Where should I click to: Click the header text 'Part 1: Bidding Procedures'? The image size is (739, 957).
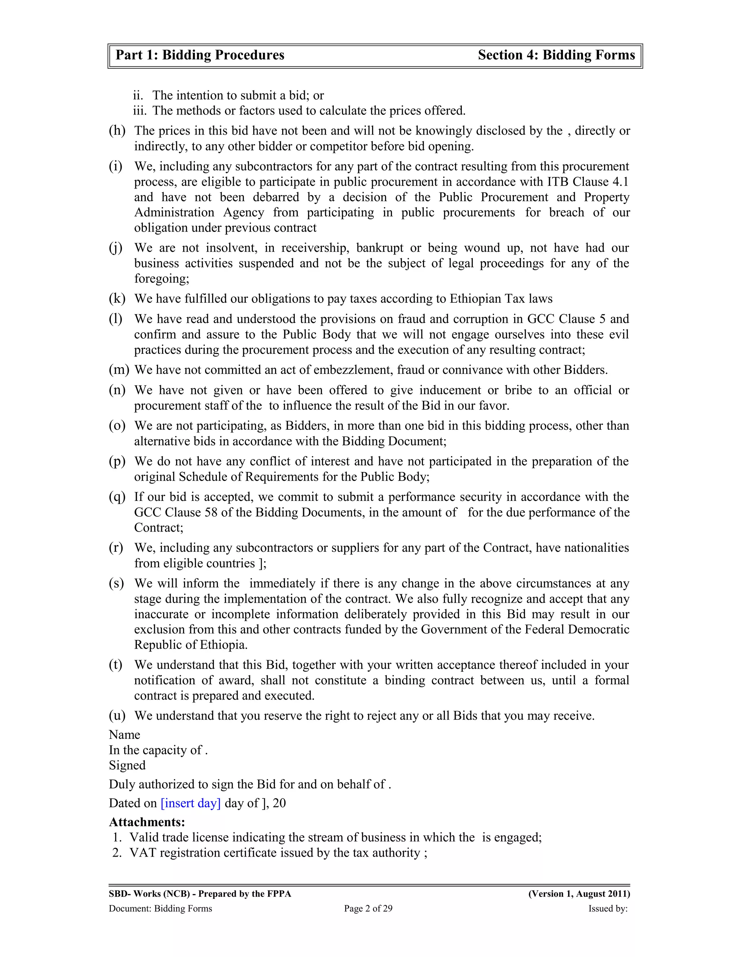click(200, 55)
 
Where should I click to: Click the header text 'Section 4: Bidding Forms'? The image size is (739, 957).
click(556, 55)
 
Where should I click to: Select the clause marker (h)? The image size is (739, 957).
click(117, 131)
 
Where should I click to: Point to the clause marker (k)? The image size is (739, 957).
click(117, 299)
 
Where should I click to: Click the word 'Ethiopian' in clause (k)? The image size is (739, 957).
click(476, 299)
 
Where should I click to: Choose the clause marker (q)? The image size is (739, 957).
click(117, 497)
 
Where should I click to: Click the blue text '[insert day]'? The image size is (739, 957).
click(191, 803)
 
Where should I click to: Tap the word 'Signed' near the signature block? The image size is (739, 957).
click(127, 766)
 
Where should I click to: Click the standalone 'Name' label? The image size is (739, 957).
click(124, 735)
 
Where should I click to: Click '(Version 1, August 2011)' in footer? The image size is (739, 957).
click(579, 894)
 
